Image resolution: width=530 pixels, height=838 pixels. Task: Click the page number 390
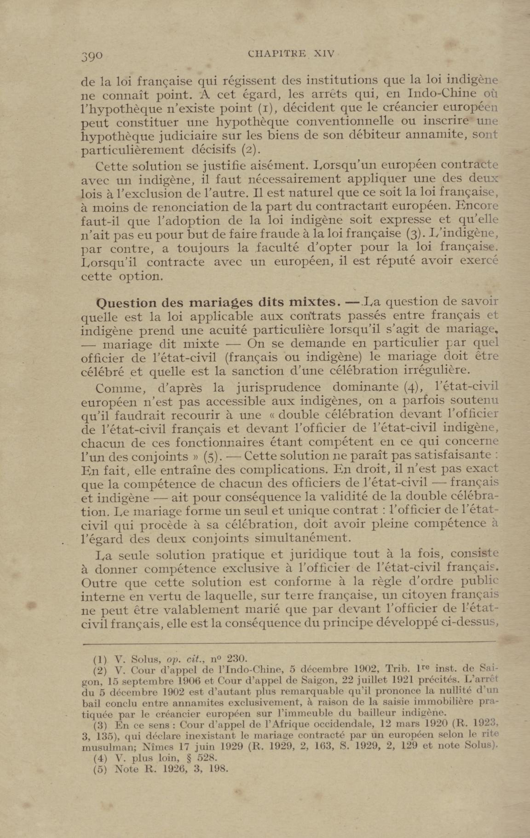92,56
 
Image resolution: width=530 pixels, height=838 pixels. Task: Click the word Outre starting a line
98,582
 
